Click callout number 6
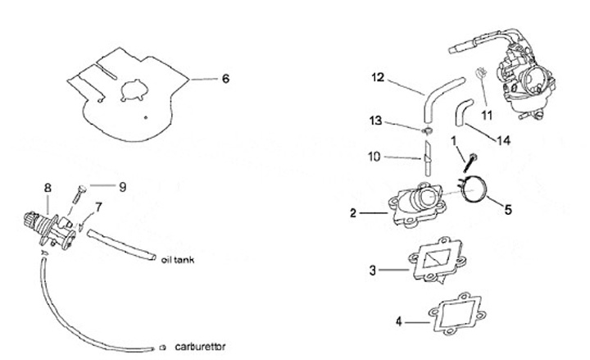tap(225, 80)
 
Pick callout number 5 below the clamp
tap(507, 209)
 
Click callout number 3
tap(374, 268)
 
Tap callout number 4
tap(401, 321)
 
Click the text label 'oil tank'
tap(177, 254)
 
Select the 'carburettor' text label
tap(200, 345)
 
